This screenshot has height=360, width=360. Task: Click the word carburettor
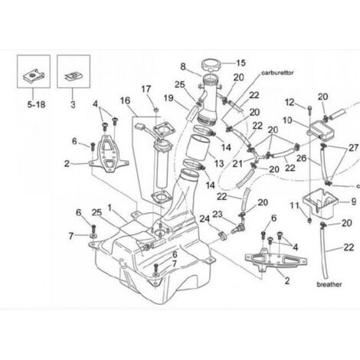tap(277, 73)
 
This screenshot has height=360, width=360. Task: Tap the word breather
tap(329, 284)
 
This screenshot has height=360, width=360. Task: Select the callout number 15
tap(241, 63)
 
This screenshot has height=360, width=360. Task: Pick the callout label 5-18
tap(36, 104)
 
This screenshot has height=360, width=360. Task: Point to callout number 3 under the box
tap(73, 104)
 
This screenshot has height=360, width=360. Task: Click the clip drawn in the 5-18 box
tap(34, 75)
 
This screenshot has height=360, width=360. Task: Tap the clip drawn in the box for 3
tap(74, 76)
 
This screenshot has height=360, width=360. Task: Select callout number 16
tap(125, 100)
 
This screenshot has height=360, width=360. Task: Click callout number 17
tap(146, 89)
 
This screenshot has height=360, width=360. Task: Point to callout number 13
tap(219, 163)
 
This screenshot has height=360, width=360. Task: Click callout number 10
tap(287, 120)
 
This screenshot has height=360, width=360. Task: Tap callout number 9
tap(354, 201)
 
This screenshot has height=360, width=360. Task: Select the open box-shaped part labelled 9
tap(320, 203)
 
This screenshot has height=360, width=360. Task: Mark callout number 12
tap(290, 103)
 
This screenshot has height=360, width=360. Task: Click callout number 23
tap(218, 214)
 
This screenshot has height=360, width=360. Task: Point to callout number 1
tap(110, 208)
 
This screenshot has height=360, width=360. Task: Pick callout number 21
tap(237, 164)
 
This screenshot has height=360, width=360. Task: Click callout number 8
tap(183, 67)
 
